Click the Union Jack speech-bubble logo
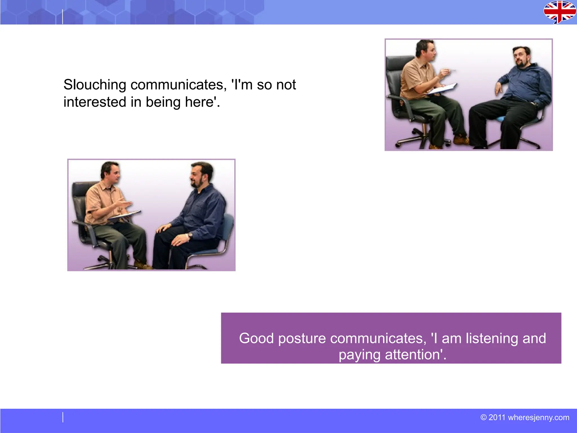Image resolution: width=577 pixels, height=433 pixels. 560,12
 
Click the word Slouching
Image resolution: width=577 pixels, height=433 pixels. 95,85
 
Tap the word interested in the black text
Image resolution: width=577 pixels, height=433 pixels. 95,102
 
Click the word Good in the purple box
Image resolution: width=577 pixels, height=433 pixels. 256,338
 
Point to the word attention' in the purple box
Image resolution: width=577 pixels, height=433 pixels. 416,355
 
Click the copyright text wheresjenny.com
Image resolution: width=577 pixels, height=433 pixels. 538,417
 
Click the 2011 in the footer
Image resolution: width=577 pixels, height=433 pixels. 497,417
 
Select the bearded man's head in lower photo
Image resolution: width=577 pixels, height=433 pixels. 201,175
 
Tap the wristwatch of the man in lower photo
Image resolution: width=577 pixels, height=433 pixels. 190,235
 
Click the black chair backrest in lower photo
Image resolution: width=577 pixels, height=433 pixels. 79,197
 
